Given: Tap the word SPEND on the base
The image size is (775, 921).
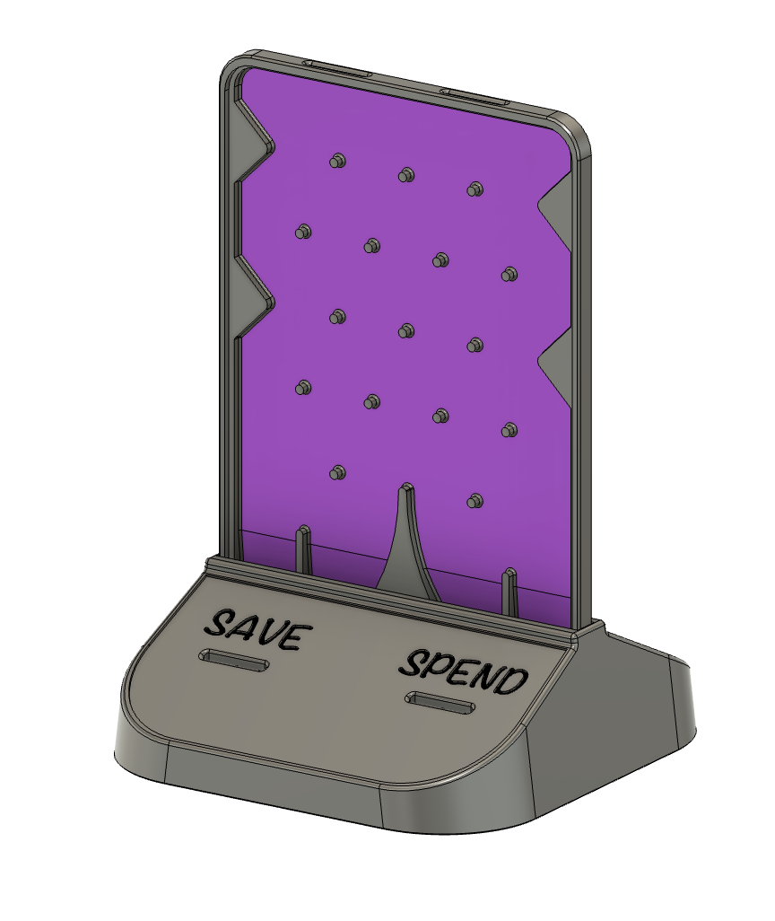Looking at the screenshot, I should [x=463, y=671].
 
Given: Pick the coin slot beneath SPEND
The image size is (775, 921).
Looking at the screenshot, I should [x=440, y=703].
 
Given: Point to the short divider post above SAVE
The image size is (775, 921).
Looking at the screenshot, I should [x=303, y=548].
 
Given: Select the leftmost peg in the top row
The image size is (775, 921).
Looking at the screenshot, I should [x=337, y=161].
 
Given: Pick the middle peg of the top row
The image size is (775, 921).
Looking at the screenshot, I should [x=406, y=174].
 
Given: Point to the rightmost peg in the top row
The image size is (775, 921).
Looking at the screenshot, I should [x=475, y=189].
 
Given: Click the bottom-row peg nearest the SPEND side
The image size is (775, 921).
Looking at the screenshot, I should [x=475, y=500].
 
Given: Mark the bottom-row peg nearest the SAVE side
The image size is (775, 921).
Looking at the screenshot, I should [x=337, y=471].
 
